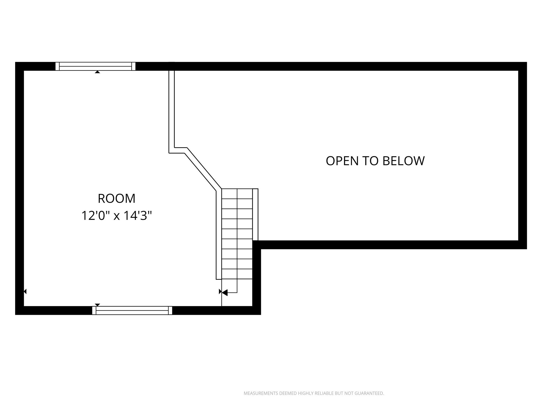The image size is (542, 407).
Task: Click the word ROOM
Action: pyautogui.click(x=116, y=198)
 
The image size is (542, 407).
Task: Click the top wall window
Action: pyautogui.click(x=95, y=66)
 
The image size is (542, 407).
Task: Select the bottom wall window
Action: pyautogui.click(x=132, y=310)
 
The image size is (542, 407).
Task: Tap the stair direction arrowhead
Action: pyautogui.click(x=224, y=293)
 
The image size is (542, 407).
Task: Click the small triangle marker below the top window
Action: pyautogui.click(x=97, y=72)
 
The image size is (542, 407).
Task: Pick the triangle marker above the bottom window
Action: pyautogui.click(x=97, y=305)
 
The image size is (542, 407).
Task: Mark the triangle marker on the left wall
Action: pyautogui.click(x=25, y=291)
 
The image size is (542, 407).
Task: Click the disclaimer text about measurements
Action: pyautogui.click(x=314, y=393)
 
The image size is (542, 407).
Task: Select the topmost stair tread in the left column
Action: pyautogui.click(x=229, y=194)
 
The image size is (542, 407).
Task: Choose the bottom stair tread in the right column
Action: pyautogui.click(x=245, y=274)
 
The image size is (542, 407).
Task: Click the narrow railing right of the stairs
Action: pyautogui.click(x=255, y=215)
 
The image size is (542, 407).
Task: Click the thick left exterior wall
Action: pyautogui.click(x=20, y=188)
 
